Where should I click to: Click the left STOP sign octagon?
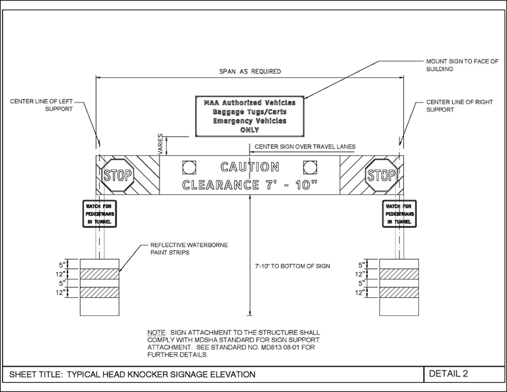118,175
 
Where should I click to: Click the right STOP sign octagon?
381,175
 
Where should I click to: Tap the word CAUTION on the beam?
250,167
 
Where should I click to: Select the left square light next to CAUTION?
189,167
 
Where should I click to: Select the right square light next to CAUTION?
310,167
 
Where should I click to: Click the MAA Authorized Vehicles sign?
250,116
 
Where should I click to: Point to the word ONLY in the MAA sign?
250,130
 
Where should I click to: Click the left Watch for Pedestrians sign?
99,214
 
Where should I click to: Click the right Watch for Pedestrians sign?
399,214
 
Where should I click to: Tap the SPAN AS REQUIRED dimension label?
250,71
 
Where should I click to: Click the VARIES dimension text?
160,144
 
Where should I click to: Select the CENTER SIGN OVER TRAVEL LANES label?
305,147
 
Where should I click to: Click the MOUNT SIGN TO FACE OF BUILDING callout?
462,65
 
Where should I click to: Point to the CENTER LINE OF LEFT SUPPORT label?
41,105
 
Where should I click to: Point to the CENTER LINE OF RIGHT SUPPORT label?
460,106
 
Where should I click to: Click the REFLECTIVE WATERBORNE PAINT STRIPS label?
189,249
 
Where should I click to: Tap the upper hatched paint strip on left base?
100,274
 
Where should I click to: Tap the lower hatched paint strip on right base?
399,292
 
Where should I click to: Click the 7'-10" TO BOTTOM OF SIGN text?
292,266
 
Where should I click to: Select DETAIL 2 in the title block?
448,374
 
